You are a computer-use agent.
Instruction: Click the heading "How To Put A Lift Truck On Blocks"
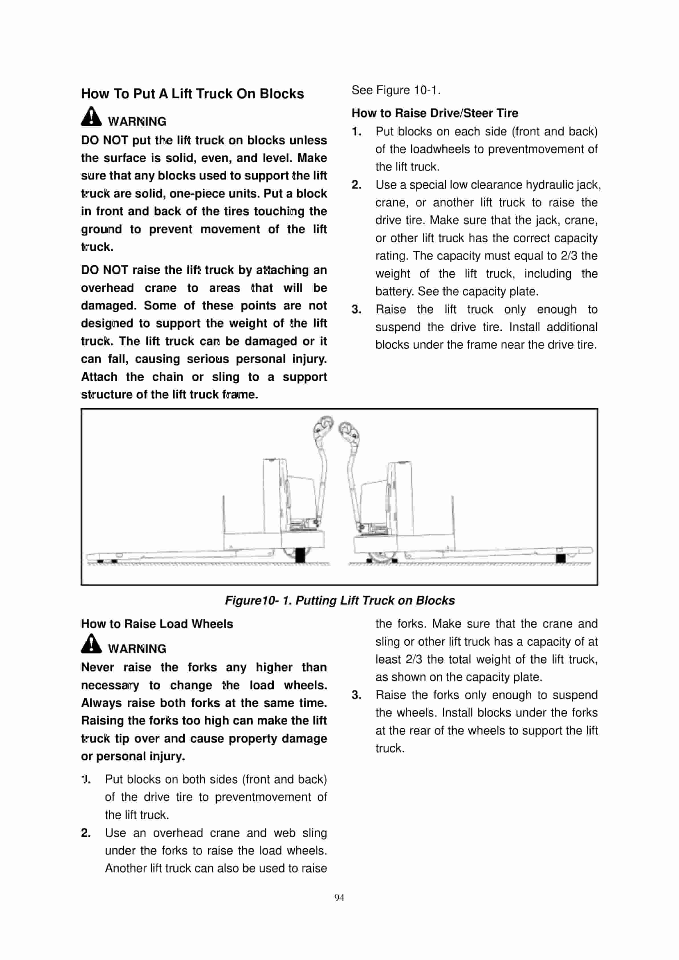point(192,94)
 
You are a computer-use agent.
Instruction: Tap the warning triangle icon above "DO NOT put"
point(91,117)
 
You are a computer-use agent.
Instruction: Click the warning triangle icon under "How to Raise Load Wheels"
point(91,644)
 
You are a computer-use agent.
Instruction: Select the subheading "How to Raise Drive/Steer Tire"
point(434,113)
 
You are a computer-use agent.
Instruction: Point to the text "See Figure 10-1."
point(396,90)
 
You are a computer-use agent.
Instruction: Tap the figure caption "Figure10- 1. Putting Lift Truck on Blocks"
point(339,600)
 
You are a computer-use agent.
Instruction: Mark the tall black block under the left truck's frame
point(300,555)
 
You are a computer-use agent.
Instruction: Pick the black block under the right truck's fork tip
point(561,558)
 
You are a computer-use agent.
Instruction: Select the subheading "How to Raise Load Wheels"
point(157,624)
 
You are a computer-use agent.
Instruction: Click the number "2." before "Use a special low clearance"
point(357,185)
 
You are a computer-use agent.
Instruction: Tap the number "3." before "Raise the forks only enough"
point(357,695)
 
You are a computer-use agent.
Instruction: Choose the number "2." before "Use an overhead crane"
point(86,833)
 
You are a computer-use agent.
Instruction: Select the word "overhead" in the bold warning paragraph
point(107,288)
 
